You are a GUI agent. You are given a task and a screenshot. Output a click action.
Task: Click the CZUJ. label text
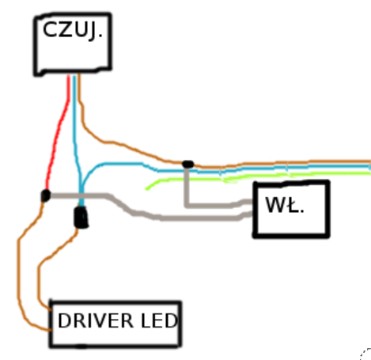point(72,31)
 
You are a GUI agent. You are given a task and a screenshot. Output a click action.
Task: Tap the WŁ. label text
point(285,205)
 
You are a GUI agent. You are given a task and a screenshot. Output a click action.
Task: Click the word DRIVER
point(95,320)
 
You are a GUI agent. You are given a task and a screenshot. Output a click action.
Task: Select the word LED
point(159,320)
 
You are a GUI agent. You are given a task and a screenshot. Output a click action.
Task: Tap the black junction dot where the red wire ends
point(46,195)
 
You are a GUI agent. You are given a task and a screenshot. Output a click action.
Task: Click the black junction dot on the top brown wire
point(188,164)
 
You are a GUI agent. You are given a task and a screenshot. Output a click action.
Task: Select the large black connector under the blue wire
point(81,217)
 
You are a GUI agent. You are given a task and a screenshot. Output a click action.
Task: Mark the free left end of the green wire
point(146,189)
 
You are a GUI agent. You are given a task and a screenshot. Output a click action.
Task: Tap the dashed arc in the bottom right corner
point(365,353)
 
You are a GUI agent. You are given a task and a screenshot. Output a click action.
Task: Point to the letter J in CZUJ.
point(93,32)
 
